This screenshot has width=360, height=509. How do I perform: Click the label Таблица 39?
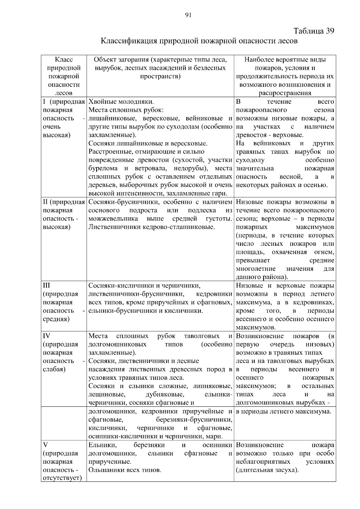click(x=314, y=31)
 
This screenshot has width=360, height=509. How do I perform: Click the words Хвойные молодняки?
click(x=121, y=102)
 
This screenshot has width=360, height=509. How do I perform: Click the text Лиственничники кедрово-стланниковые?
click(x=151, y=227)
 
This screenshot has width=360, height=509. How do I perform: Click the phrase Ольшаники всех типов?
click(x=125, y=470)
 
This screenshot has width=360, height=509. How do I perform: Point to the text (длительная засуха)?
click(x=267, y=470)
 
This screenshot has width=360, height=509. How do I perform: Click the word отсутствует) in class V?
click(x=62, y=478)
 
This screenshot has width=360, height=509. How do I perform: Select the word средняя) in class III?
click(x=56, y=319)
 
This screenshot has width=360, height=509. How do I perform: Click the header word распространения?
click(x=285, y=93)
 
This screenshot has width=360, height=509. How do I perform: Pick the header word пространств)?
click(x=160, y=76)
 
